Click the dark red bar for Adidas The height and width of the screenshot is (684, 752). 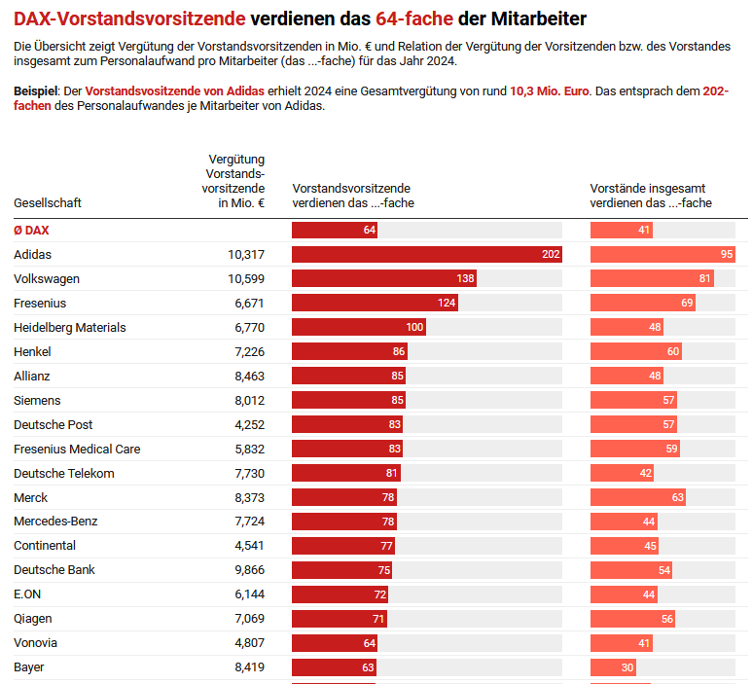426,254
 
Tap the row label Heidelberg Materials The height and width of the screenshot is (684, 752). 70,328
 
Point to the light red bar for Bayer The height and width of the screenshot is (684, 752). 613,667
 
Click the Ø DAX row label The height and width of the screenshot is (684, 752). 31,231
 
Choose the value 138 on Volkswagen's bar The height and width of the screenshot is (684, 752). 465,279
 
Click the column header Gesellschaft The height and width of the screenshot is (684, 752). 48,203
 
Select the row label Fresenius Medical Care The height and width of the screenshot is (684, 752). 77,450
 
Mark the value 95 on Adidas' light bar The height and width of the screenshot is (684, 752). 726,254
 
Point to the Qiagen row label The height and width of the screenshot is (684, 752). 33,619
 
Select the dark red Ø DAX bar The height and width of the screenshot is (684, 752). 334,230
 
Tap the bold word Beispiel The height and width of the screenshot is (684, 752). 35,90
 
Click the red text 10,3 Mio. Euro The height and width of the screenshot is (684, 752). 550,90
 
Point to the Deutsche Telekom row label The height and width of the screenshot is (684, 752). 64,474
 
